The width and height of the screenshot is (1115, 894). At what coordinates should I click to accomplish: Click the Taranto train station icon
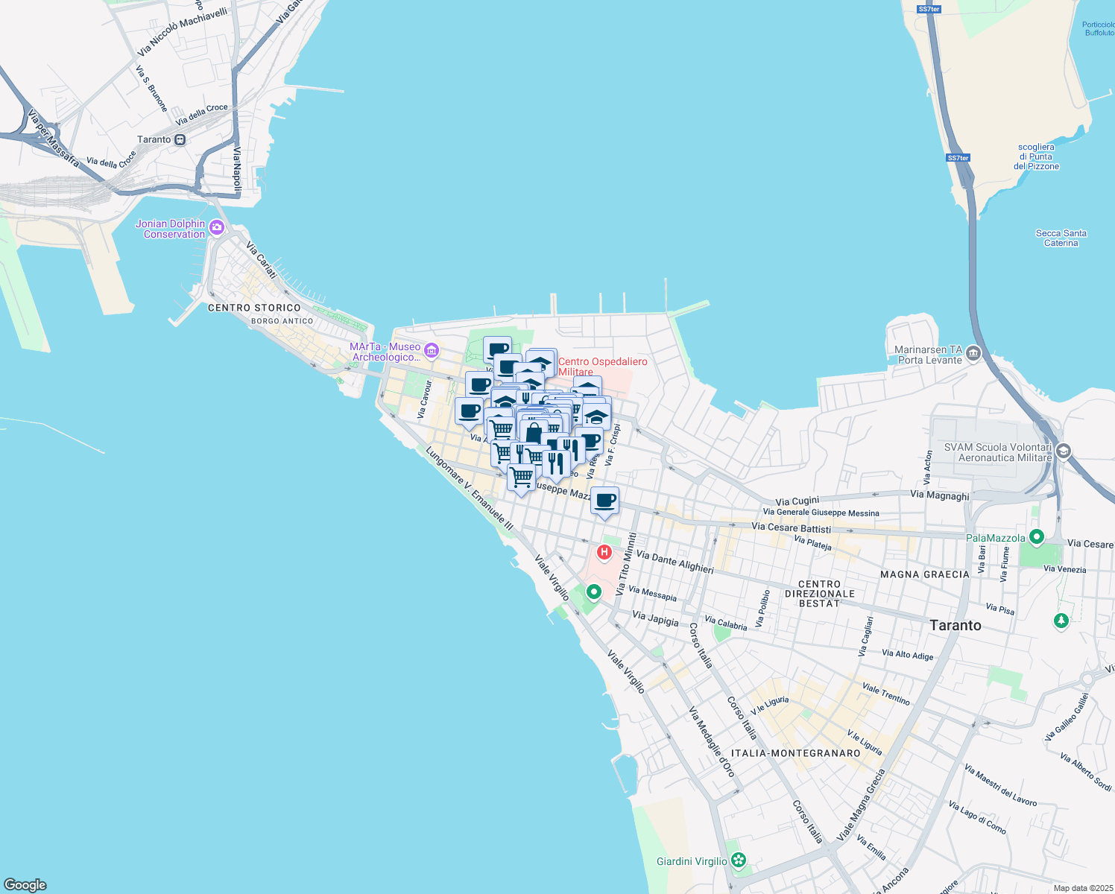(180, 139)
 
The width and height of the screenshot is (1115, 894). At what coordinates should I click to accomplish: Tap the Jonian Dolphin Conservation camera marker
(217, 227)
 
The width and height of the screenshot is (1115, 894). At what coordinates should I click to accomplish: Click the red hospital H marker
(604, 552)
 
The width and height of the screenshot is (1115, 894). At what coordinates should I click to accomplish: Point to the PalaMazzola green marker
(1036, 536)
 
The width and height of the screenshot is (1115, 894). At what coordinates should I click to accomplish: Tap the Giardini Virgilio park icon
(738, 860)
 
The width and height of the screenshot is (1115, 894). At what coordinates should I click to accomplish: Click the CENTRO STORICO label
(254, 308)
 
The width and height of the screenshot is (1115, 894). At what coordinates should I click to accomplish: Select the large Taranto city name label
(956, 625)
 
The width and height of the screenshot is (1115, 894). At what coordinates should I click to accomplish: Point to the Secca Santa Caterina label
(1061, 238)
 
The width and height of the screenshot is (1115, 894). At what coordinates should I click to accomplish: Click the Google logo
(25, 885)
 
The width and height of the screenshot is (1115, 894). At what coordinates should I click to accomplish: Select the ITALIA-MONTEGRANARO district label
(795, 753)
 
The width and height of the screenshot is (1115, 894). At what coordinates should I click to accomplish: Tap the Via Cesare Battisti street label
(791, 527)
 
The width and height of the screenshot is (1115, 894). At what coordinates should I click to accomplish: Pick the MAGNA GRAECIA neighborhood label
(924, 574)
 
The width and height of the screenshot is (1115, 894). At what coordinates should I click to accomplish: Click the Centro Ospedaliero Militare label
(602, 367)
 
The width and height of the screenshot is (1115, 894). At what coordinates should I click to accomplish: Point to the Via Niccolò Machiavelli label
(183, 32)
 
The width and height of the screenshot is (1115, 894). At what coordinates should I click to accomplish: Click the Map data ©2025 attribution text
(1083, 888)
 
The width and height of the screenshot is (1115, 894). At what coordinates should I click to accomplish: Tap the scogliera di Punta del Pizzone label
(1036, 156)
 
